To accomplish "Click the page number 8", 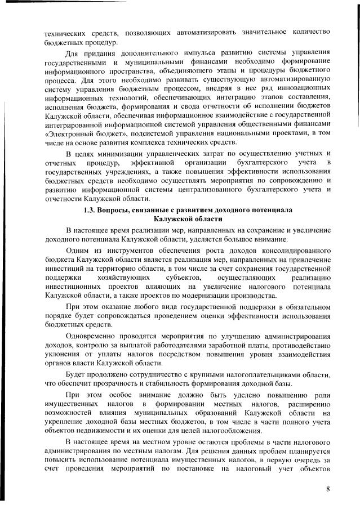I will (327, 488).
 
